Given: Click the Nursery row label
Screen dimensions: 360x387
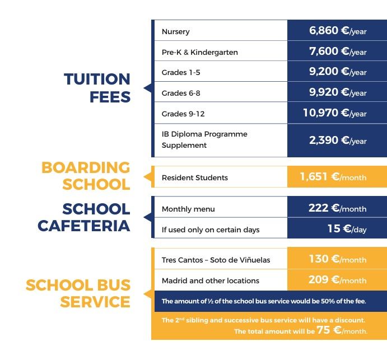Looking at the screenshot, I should (x=175, y=32).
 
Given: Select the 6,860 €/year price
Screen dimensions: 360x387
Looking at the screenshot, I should (x=337, y=31).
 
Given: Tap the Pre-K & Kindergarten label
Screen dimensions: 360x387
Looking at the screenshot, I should (x=199, y=52).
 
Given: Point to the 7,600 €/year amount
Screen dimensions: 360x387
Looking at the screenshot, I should (x=337, y=52).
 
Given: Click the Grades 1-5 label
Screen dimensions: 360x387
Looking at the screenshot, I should (x=180, y=73).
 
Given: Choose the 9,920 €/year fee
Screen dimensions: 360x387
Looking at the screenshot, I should (x=337, y=92).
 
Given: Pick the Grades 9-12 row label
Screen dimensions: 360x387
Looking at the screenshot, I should (x=183, y=114).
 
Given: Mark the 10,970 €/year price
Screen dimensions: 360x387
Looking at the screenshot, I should (x=334, y=113).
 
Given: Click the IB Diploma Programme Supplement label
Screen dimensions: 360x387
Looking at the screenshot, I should (x=204, y=139).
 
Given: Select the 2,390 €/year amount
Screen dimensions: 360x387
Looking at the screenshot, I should (x=337, y=140).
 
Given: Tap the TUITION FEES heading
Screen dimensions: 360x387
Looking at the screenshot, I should (x=97, y=87).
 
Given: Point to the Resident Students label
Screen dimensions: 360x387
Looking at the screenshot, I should (x=194, y=177).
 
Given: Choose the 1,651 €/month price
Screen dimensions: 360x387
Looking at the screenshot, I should (x=333, y=177).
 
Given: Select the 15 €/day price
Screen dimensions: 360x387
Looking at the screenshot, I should (x=347, y=228).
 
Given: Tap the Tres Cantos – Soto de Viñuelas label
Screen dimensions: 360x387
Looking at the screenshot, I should (x=216, y=260).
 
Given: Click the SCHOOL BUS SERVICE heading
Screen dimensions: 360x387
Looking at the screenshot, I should (x=78, y=293).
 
